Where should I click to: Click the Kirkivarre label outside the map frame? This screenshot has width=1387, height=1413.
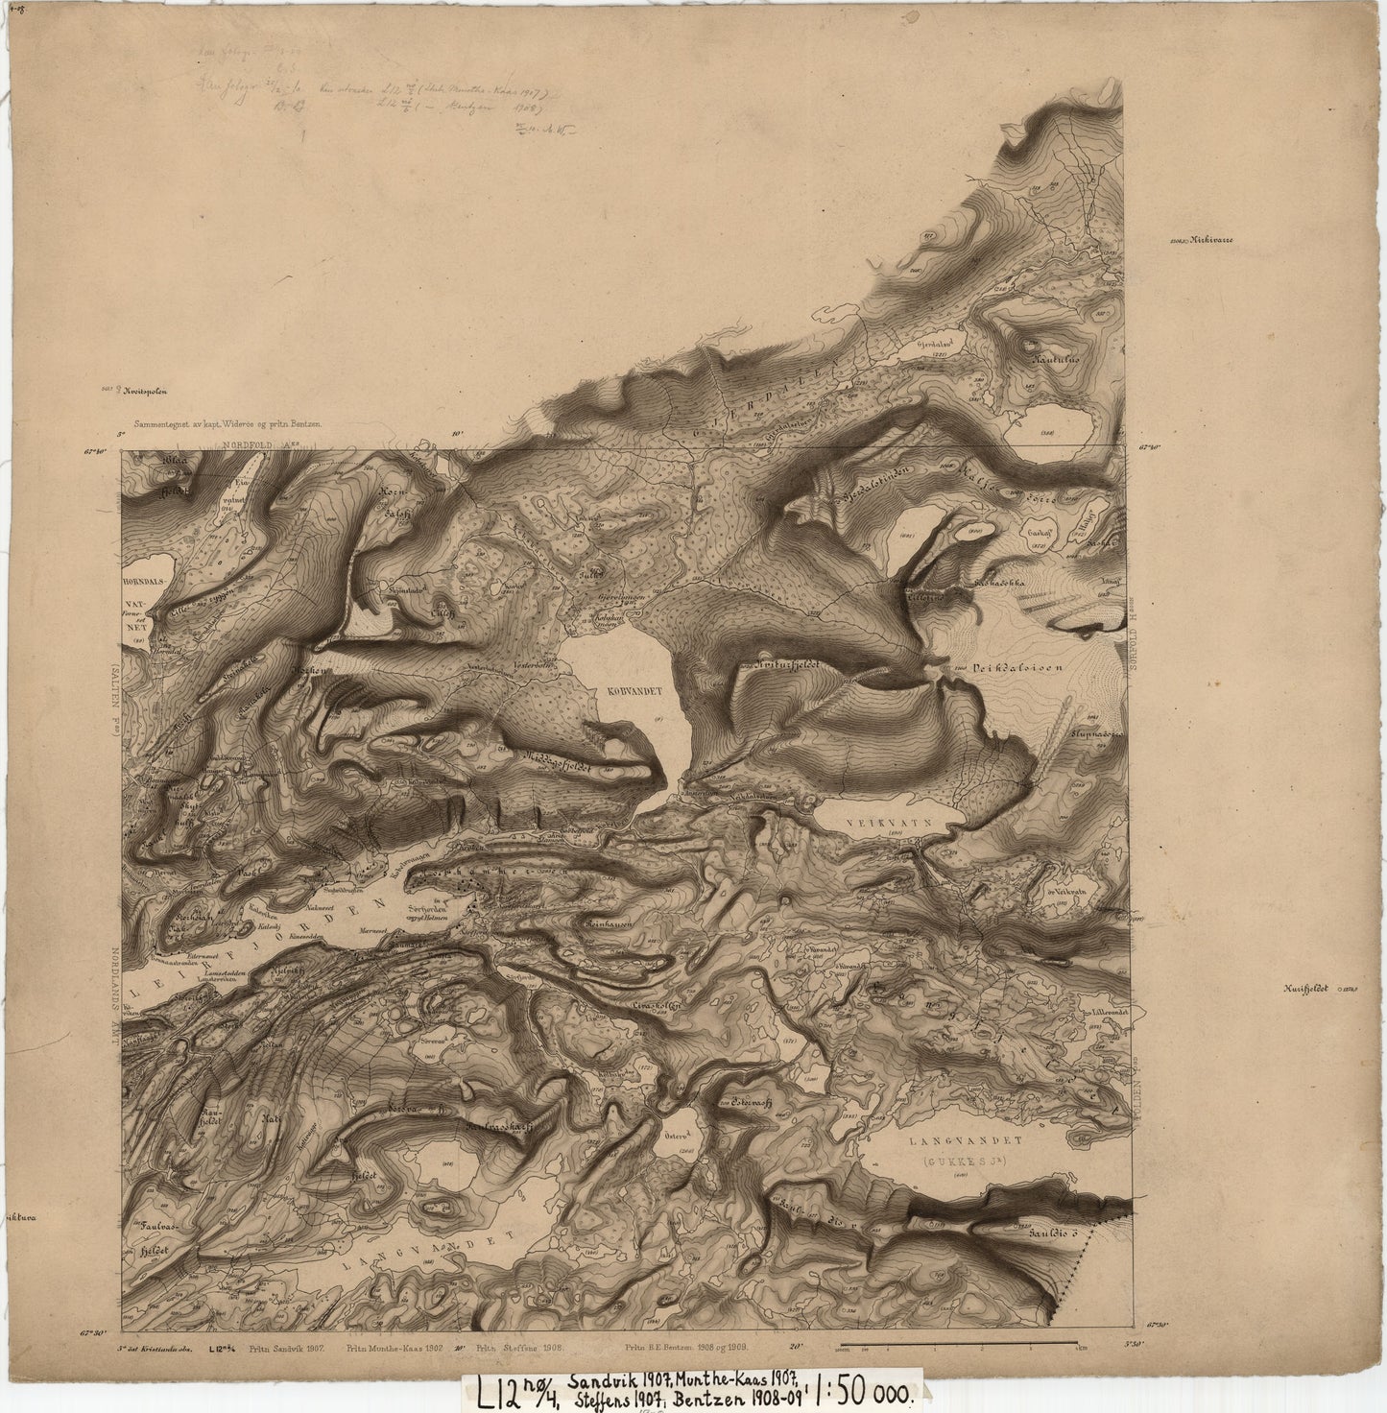tap(1211, 241)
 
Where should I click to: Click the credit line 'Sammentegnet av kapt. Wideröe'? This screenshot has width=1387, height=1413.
tap(232, 423)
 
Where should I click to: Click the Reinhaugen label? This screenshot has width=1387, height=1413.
tap(608, 919)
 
